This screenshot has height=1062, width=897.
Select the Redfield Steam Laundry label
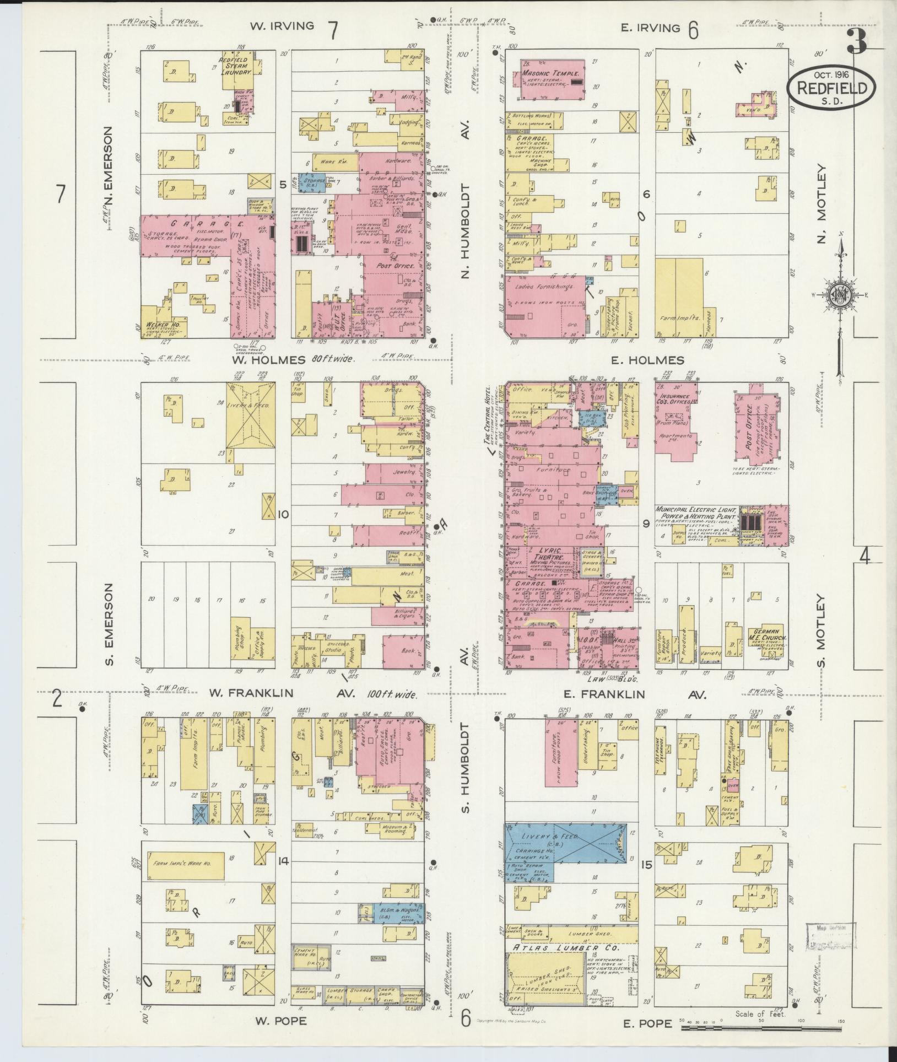click(x=237, y=66)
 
